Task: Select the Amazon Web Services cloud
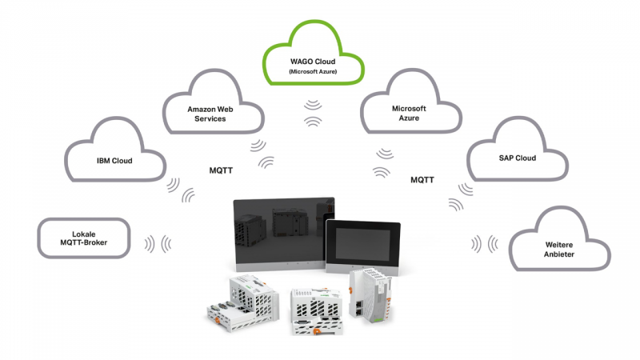tap(213, 112)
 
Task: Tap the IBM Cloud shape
tap(114, 160)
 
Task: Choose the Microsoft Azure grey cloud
tap(409, 113)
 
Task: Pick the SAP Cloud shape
tap(512, 158)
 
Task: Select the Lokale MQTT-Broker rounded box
tap(84, 238)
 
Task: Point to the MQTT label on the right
tap(422, 180)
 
